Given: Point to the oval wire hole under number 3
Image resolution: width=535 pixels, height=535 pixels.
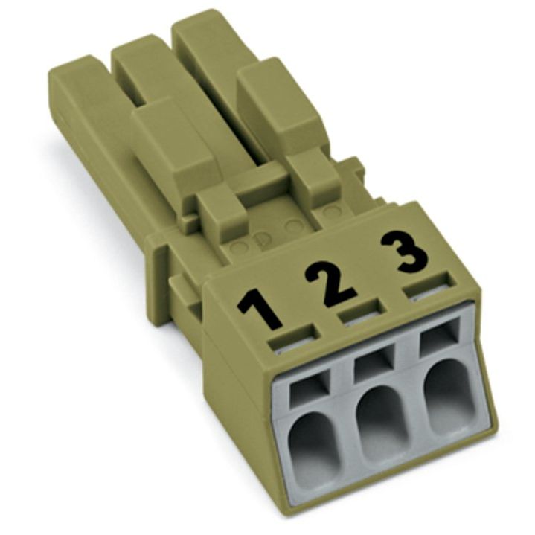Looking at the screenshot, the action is pos(449,396).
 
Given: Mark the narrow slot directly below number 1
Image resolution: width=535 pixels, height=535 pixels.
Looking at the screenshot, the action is pos(294,338).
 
